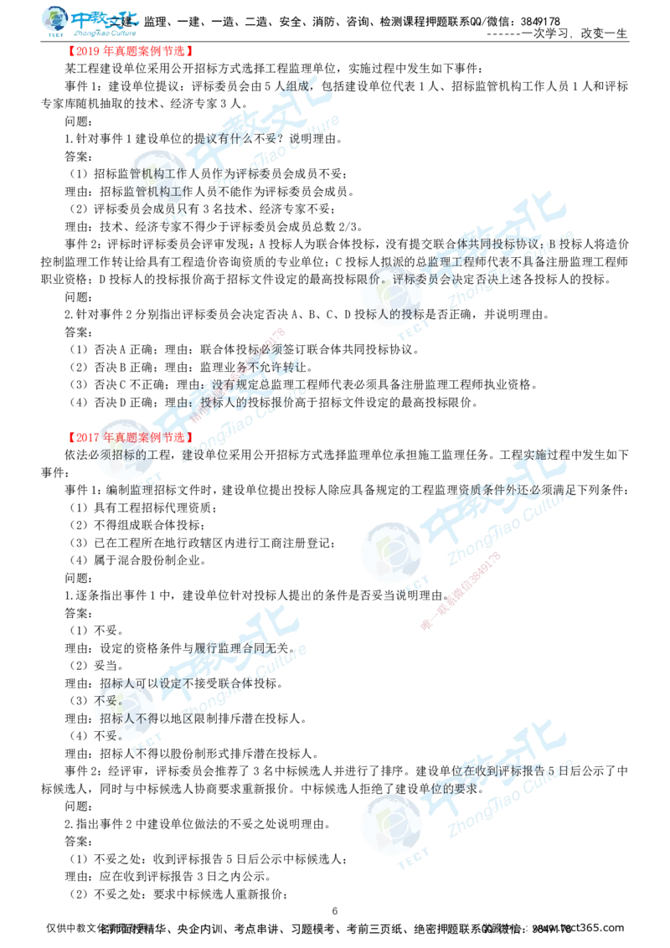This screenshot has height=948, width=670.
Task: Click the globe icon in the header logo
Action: tap(55, 20)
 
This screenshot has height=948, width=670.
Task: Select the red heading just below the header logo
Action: tap(131, 51)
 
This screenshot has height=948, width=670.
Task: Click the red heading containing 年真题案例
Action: tap(131, 437)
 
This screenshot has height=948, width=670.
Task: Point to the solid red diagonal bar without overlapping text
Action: tap(461, 590)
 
